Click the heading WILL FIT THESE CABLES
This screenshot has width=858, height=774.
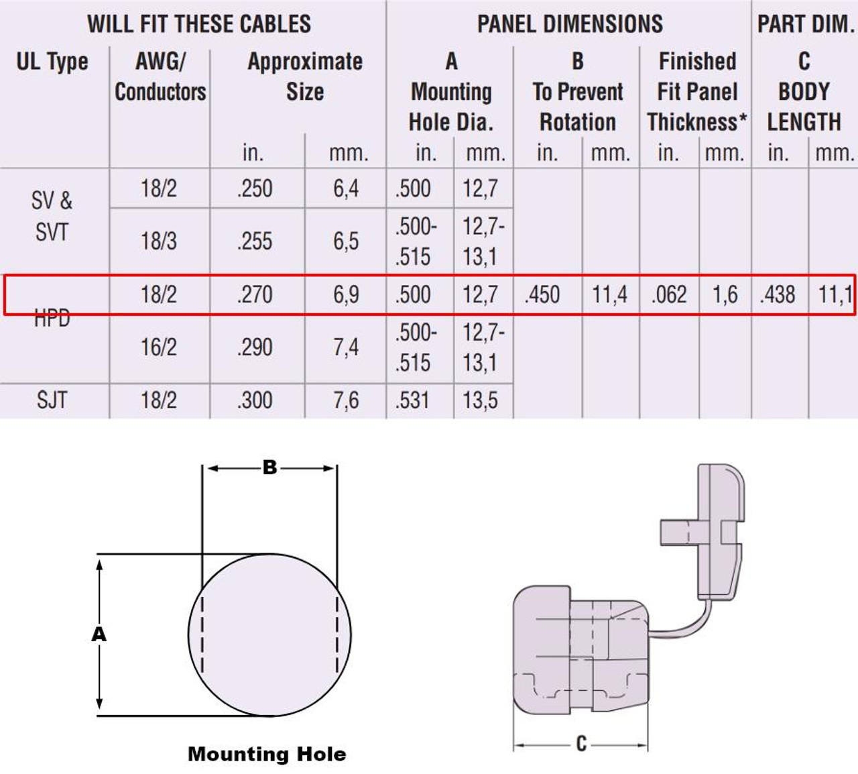tap(199, 24)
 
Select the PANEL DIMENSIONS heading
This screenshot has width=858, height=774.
tap(570, 24)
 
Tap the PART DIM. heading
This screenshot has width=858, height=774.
tap(805, 24)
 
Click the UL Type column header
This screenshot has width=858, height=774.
tap(52, 62)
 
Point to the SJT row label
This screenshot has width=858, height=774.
tap(52, 400)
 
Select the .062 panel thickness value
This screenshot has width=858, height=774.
tap(668, 294)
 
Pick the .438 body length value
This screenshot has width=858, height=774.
tap(778, 294)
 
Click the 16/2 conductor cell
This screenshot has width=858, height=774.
tap(159, 347)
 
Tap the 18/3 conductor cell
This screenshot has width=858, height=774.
tap(159, 241)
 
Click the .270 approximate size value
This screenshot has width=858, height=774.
tap(255, 294)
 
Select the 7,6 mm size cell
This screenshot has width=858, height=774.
tap(346, 400)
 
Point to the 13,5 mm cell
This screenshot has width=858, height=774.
tap(480, 400)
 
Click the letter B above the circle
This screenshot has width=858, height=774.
tap(269, 467)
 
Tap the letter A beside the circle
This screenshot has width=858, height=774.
tap(99, 634)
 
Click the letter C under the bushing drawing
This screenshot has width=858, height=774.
tap(580, 744)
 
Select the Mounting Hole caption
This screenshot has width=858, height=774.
tap(267, 754)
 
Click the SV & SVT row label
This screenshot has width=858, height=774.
tap(52, 216)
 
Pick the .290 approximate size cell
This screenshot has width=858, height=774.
tap(255, 347)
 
